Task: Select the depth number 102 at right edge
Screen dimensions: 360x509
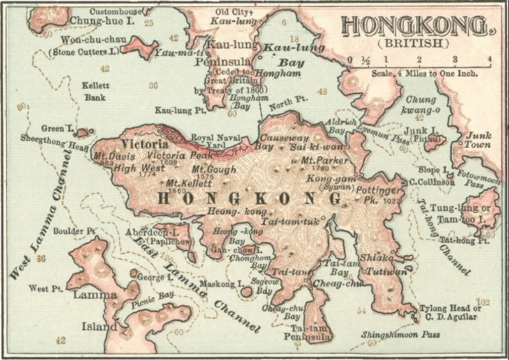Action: [485, 302]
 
